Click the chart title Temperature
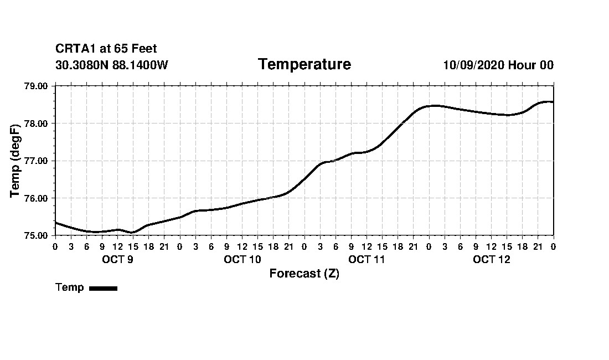click(x=304, y=65)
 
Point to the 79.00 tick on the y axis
click(x=37, y=86)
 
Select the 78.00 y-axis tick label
click(x=37, y=123)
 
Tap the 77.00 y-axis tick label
click(x=37, y=161)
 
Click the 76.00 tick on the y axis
click(x=37, y=198)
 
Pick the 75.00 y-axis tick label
click(x=37, y=235)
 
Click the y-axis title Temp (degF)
click(x=16, y=161)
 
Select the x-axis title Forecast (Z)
click(x=304, y=274)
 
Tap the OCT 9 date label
click(x=117, y=259)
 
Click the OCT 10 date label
click(x=242, y=259)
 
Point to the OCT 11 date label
click(x=367, y=259)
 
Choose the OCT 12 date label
click(x=492, y=259)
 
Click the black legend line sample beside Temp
click(x=103, y=288)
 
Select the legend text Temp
click(x=70, y=287)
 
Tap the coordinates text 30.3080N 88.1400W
click(x=112, y=65)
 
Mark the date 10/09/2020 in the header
click(x=473, y=65)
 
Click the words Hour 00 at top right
click(x=531, y=65)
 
